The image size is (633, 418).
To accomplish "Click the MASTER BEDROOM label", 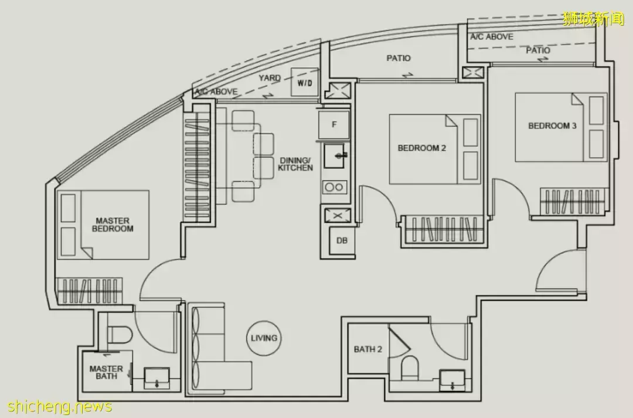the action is click(x=113, y=225).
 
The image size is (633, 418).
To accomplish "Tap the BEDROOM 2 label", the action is click(x=422, y=148).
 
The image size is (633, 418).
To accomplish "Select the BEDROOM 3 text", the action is click(x=552, y=125).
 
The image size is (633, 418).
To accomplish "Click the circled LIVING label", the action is click(x=264, y=338).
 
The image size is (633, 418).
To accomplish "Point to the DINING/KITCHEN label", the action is click(x=295, y=164).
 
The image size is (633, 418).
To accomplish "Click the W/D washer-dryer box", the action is click(x=305, y=83).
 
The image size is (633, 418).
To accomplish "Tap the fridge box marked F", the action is click(x=334, y=125).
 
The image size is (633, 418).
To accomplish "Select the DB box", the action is click(x=342, y=240).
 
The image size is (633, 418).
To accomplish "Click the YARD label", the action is click(x=270, y=77).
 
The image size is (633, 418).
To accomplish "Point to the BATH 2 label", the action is click(x=367, y=349).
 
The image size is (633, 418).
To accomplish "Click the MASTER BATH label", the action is click(x=106, y=372).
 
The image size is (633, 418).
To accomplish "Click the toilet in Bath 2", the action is click(x=410, y=368).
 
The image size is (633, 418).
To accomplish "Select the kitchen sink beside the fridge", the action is click(x=335, y=155).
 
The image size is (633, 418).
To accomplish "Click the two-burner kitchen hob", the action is click(x=334, y=188).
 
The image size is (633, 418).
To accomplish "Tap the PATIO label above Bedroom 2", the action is click(x=399, y=58).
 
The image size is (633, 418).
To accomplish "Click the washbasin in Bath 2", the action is click(x=452, y=380).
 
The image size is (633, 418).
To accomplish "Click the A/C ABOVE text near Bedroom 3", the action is click(x=492, y=37).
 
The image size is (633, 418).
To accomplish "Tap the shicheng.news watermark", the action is click(x=59, y=406).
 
